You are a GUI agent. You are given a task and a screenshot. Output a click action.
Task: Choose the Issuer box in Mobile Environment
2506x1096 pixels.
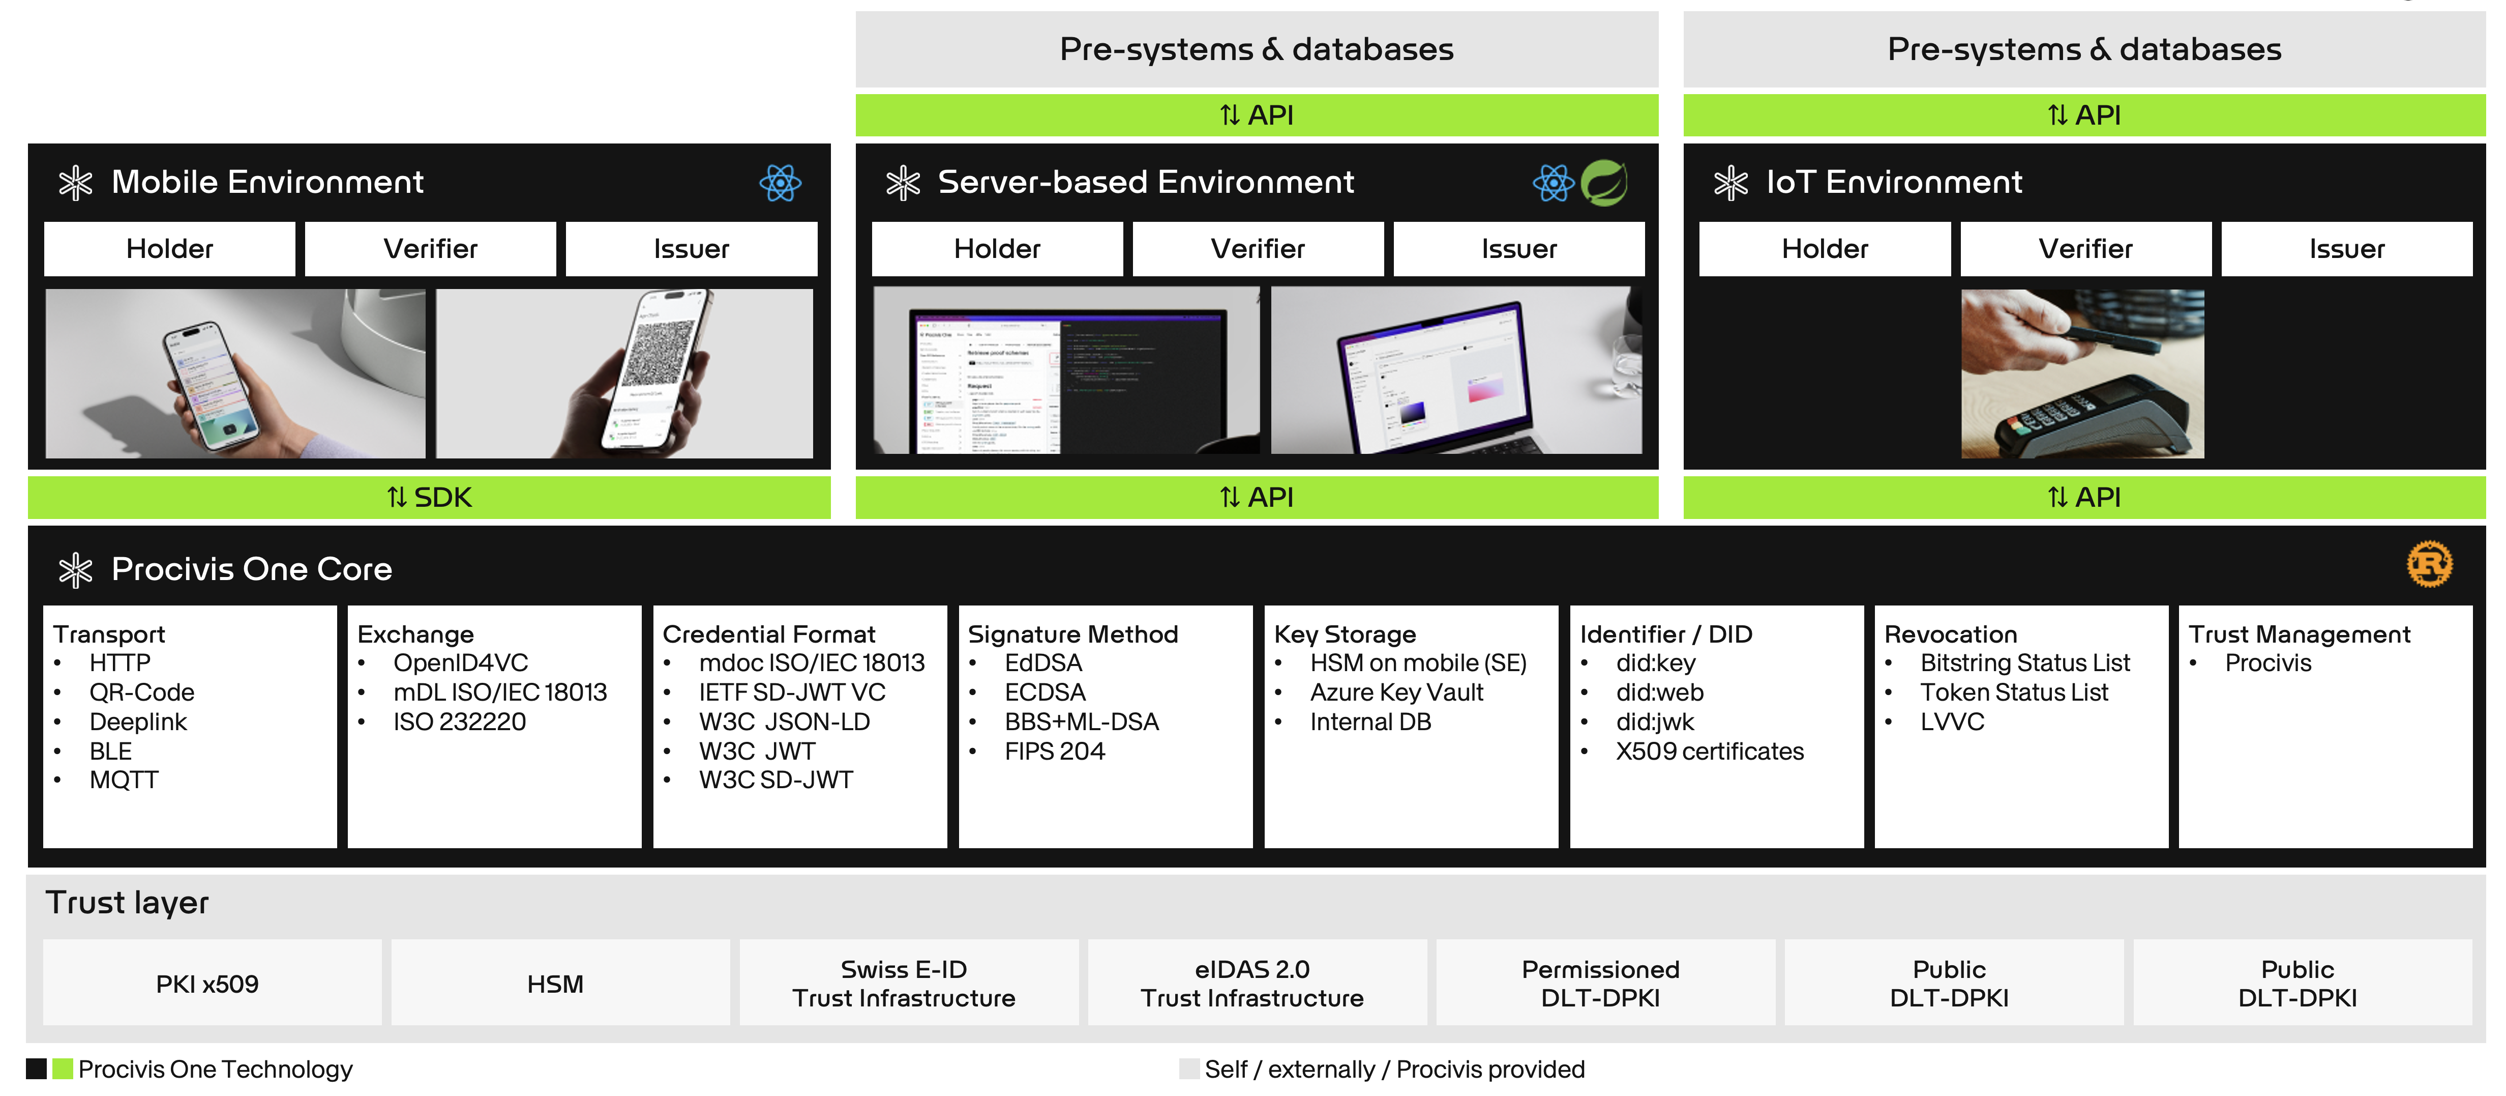(691, 249)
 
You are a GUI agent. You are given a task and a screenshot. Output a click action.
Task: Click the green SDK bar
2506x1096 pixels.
(429, 498)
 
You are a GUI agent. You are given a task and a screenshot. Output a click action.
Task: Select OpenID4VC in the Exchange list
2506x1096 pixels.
(460, 663)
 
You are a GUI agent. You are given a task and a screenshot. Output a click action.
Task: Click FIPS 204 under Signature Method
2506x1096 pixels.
(1055, 752)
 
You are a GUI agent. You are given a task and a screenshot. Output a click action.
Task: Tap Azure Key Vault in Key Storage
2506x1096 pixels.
(1396, 692)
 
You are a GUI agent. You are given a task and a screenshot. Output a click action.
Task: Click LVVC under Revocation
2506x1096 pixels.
(1952, 722)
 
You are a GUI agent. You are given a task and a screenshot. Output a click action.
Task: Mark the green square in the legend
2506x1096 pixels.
(62, 1069)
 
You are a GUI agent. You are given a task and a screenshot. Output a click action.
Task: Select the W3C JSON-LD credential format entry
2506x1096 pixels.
(784, 722)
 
